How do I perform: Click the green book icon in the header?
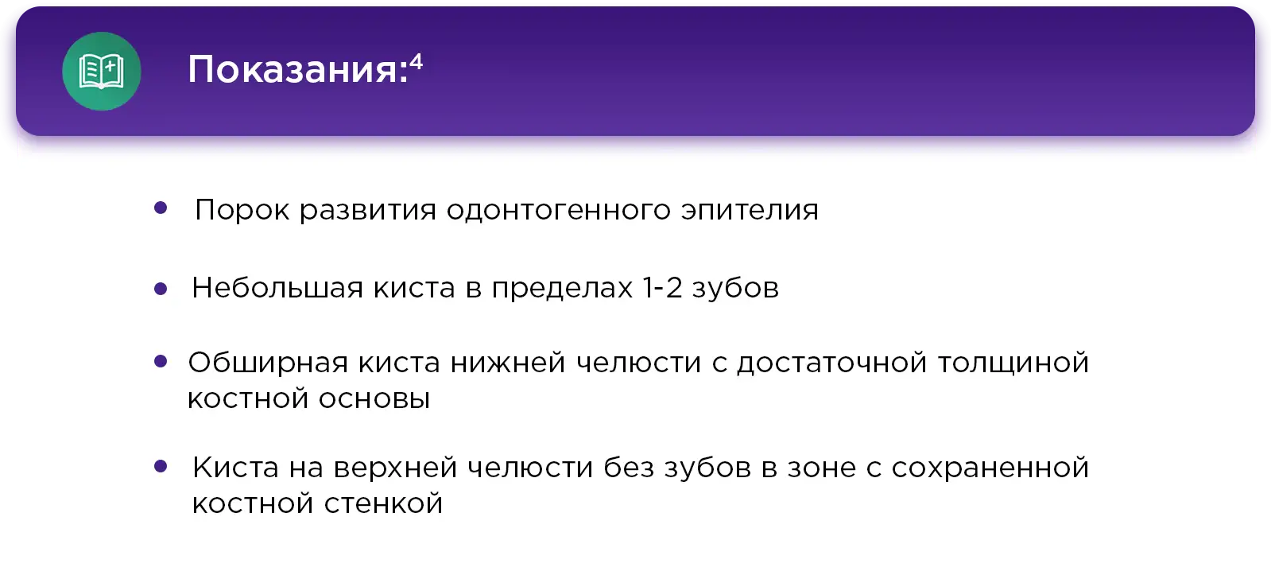pyautogui.click(x=102, y=72)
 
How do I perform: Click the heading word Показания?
pyautogui.click(x=293, y=71)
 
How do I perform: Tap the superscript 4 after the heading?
pyautogui.click(x=416, y=60)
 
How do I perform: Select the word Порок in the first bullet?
pyautogui.click(x=242, y=211)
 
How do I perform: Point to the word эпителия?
pyautogui.click(x=750, y=211)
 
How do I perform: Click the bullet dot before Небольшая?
pyautogui.click(x=161, y=289)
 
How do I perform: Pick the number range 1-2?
pyautogui.click(x=662, y=288)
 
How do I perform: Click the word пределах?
pyautogui.click(x=562, y=289)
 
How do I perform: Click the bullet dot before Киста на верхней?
pyautogui.click(x=161, y=467)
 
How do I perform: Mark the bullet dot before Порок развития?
pyautogui.click(x=161, y=208)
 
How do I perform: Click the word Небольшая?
pyautogui.click(x=277, y=288)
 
